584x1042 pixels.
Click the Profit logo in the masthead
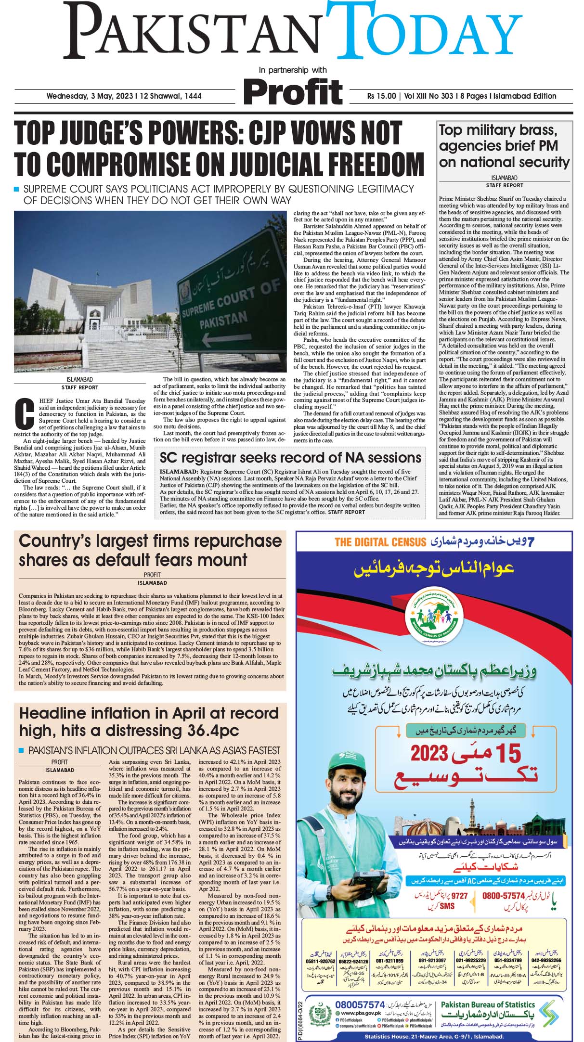coord(293,91)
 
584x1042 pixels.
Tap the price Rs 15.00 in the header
coord(381,96)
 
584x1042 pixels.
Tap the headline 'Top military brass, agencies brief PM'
coord(504,146)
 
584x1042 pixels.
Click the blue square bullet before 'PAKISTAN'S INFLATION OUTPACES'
coord(21,750)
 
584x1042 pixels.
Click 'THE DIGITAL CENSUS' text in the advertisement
coord(380,542)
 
